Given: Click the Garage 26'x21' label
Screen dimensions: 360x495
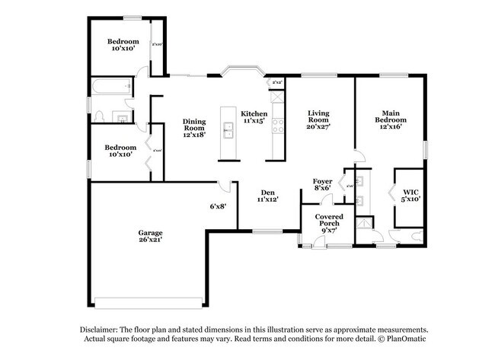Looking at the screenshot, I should [x=149, y=236].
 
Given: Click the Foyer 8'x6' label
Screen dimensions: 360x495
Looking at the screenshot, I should [x=322, y=184].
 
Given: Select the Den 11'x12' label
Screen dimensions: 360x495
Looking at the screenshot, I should [x=267, y=196].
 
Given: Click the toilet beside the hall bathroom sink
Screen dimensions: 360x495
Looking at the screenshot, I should [x=100, y=116].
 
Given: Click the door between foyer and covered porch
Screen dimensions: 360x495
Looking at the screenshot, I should [x=326, y=200].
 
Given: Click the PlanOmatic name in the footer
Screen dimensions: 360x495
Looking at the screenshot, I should [x=408, y=339].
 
